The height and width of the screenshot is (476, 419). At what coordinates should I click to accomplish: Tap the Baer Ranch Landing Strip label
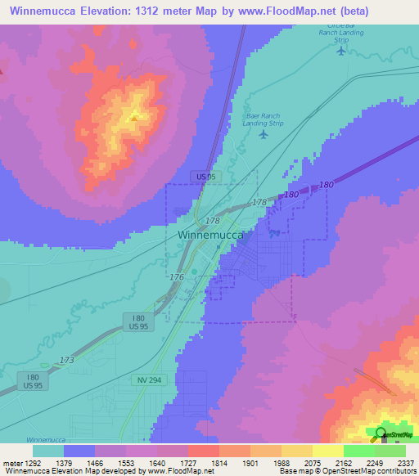(263, 119)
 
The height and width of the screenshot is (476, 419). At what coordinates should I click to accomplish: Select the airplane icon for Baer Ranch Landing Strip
(263, 134)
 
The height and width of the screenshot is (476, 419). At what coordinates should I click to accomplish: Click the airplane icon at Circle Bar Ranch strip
(341, 50)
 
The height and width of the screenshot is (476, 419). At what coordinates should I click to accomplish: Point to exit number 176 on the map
(177, 278)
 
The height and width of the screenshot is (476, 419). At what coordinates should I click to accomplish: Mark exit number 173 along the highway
(67, 360)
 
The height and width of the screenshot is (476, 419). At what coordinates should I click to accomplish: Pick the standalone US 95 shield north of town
(205, 176)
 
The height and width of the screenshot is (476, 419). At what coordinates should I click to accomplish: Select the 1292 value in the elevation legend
(33, 462)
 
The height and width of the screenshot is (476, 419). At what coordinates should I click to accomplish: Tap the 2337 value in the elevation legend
(406, 462)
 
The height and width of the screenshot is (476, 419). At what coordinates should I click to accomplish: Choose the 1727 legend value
(188, 462)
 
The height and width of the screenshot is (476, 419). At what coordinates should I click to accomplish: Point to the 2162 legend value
(344, 462)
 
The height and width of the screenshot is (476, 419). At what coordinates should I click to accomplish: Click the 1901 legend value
(250, 462)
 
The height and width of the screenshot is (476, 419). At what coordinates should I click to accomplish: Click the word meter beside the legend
(11, 462)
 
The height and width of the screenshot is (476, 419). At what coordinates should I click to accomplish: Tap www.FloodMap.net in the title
(287, 11)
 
